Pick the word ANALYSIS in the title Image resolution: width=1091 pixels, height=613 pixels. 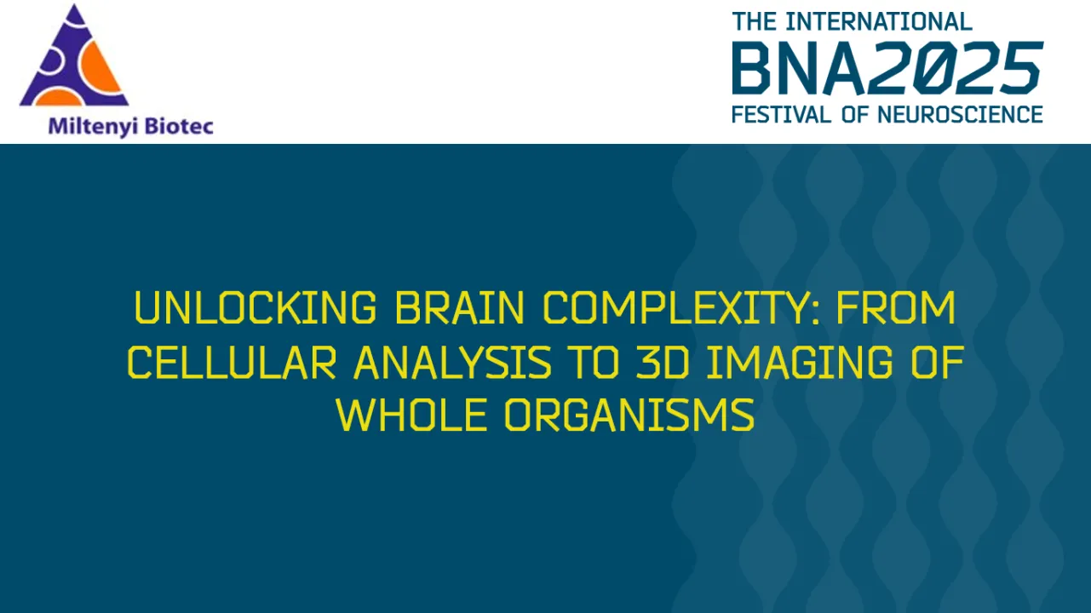pos(452,363)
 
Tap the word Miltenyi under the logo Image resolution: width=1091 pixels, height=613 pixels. pos(91,127)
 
